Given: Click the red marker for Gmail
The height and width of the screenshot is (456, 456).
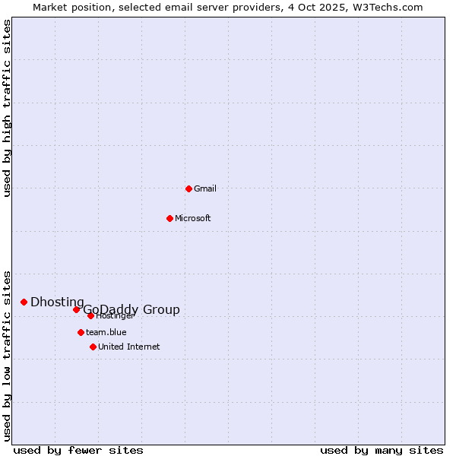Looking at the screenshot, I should click(188, 188).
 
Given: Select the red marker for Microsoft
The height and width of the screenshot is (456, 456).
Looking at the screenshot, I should click(169, 218).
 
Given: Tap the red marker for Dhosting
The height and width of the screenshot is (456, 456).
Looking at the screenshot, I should click(24, 302).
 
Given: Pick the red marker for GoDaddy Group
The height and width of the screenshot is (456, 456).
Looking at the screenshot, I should click(76, 309).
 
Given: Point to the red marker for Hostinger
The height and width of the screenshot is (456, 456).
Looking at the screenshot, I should click(90, 315).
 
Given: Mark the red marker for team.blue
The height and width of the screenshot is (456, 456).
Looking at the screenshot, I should click(81, 332).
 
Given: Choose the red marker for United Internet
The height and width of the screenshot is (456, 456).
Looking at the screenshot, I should click(93, 347).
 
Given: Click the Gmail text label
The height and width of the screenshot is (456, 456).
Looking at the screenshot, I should click(205, 188).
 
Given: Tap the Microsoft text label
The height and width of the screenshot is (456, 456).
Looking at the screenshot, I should click(193, 218).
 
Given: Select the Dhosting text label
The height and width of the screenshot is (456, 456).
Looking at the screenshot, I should click(57, 302).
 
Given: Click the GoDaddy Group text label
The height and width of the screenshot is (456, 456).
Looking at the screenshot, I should click(131, 309).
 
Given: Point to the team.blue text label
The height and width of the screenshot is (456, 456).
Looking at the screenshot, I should click(106, 332).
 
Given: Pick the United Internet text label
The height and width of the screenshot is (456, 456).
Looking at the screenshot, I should click(129, 347).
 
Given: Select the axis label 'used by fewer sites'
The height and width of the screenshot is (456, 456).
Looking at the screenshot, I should click(78, 450).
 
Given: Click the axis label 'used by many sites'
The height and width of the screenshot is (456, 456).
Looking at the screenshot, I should click(382, 450).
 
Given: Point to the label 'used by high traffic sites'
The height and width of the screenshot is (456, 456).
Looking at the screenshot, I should click(8, 108).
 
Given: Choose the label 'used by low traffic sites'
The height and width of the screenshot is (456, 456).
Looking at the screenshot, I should click(8, 355).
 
